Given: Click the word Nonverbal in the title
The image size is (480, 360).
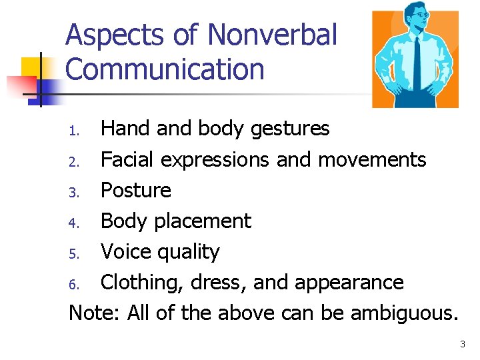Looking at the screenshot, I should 273,35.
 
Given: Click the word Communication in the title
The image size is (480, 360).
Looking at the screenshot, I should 165,69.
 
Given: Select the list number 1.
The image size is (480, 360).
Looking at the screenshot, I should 75,130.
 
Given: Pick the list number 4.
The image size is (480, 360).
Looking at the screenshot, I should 75,223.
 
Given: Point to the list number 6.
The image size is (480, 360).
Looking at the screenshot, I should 75,284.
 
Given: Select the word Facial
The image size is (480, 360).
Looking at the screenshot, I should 127,159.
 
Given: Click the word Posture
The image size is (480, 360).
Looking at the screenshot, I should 135,190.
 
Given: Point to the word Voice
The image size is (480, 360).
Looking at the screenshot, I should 125,251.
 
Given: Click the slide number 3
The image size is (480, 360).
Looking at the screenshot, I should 462,345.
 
